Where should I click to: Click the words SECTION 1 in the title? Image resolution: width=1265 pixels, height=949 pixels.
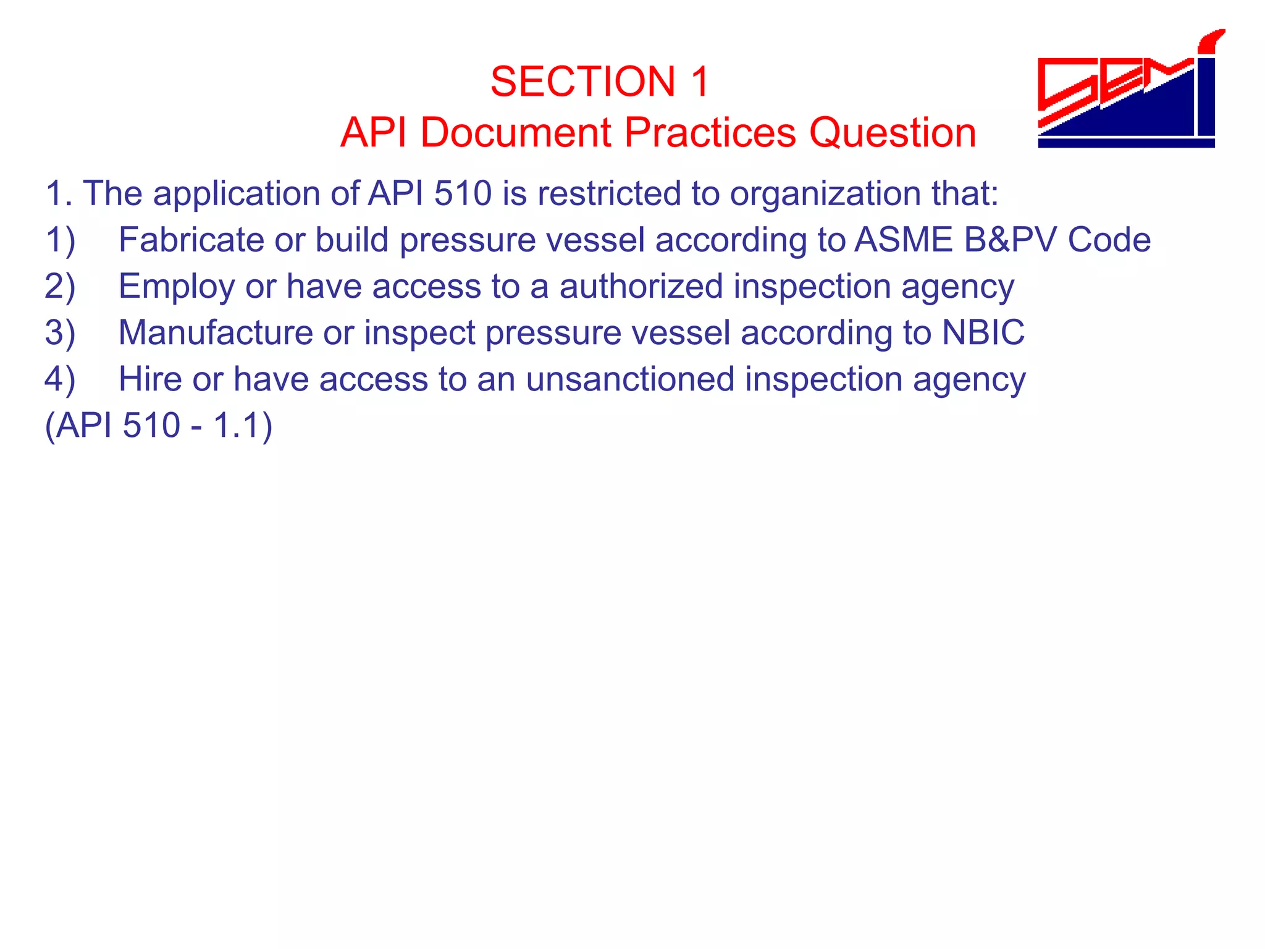point(600,82)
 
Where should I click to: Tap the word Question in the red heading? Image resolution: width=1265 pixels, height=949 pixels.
point(893,132)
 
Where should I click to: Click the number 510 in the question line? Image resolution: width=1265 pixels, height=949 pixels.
point(463,193)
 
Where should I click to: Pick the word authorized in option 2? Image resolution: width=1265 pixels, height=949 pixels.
point(641,287)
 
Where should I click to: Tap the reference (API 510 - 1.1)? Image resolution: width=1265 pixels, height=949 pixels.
point(159,426)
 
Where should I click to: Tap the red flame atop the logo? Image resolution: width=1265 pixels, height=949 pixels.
point(1211,41)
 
